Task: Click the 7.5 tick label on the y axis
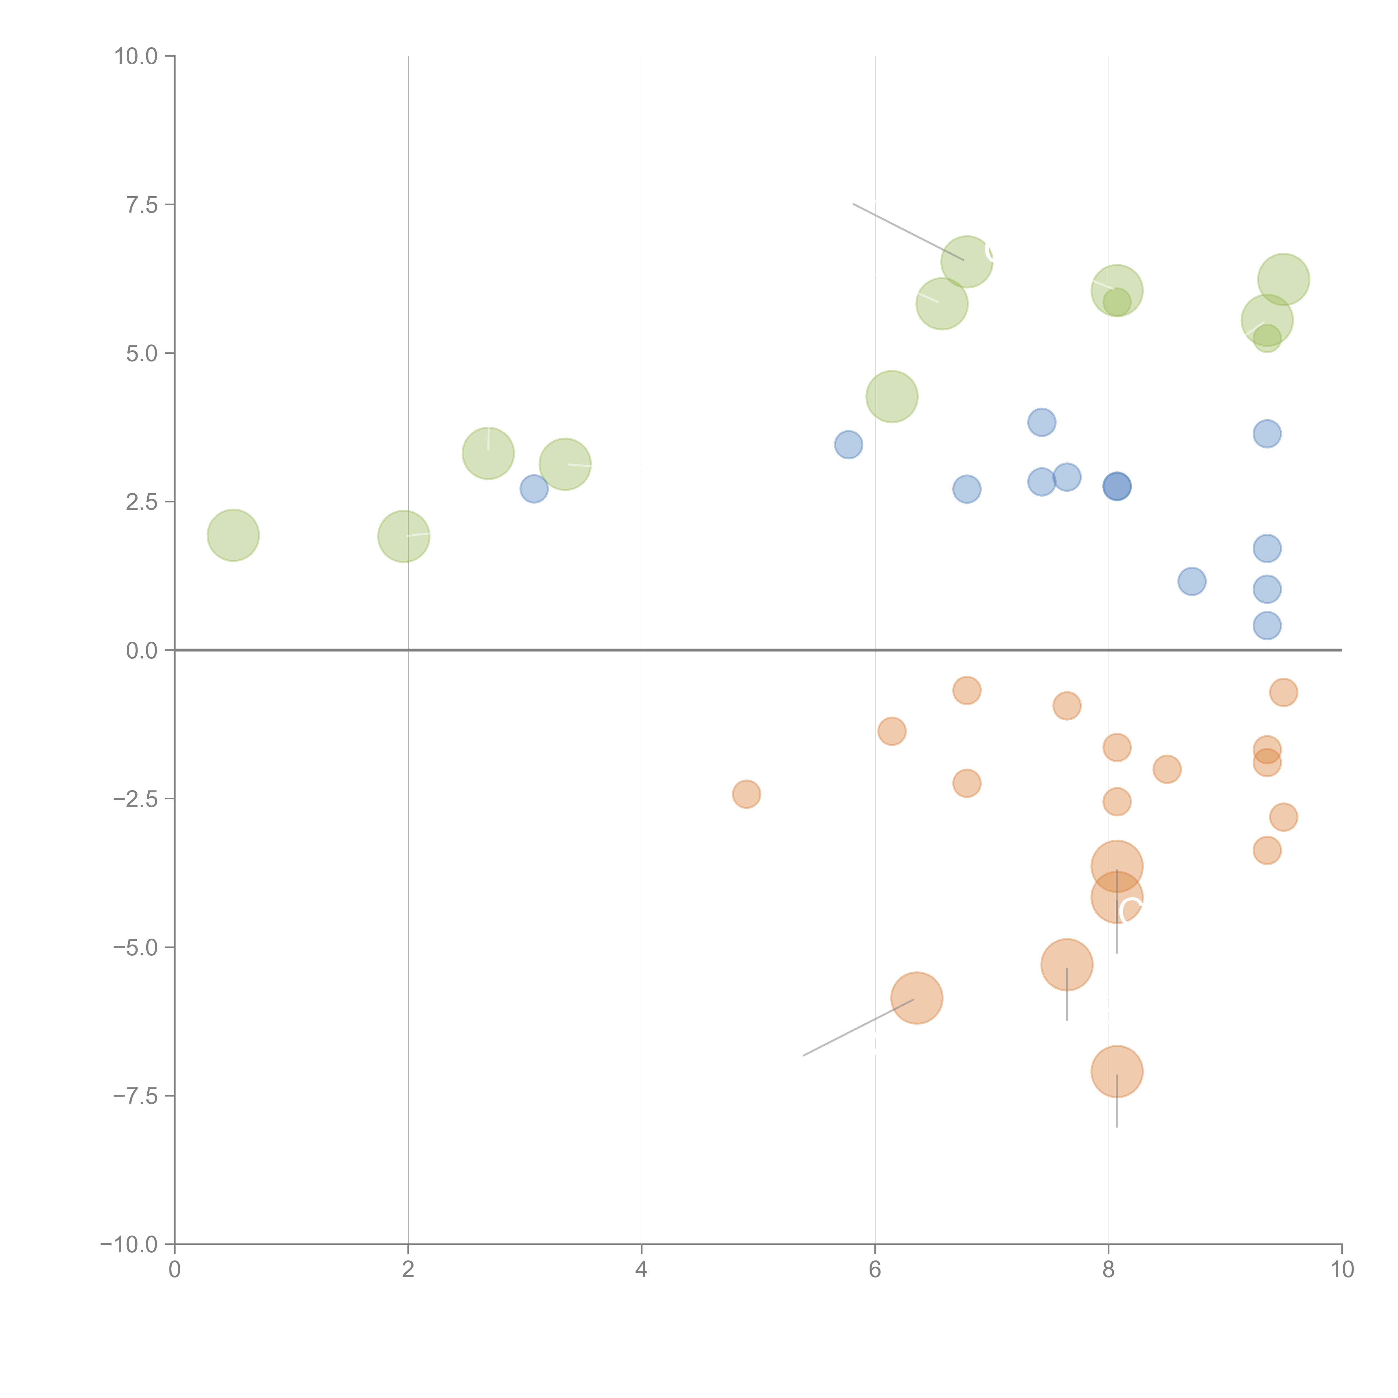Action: coord(142,205)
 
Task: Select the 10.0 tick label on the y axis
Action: coord(136,56)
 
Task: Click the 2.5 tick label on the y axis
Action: coord(142,502)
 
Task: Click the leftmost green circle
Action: coord(233,535)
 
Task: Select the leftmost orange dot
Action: coord(746,794)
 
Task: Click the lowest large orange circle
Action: coord(1116,1072)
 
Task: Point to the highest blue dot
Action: coord(1041,422)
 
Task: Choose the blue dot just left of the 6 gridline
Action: coord(848,444)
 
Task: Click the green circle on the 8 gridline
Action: coord(1116,290)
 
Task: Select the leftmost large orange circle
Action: coord(917,998)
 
